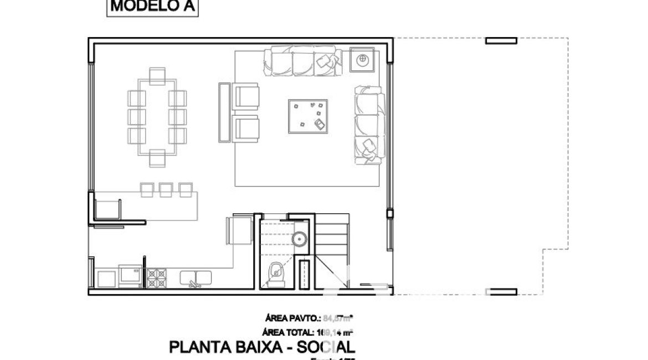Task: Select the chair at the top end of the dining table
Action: pyautogui.click(x=157, y=75)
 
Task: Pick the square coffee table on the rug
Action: pyautogui.click(x=308, y=116)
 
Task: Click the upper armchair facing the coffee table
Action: pyautogui.click(x=245, y=95)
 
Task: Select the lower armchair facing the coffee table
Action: pyautogui.click(x=245, y=128)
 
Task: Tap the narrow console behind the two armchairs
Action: pyautogui.click(x=224, y=112)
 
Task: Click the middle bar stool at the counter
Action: pyautogui.click(x=166, y=189)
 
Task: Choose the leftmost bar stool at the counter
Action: pyautogui.click(x=147, y=189)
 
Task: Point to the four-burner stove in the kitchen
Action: pyautogui.click(x=156, y=277)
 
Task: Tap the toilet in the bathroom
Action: pyautogui.click(x=275, y=273)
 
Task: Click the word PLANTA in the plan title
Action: pyautogui.click(x=194, y=348)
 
